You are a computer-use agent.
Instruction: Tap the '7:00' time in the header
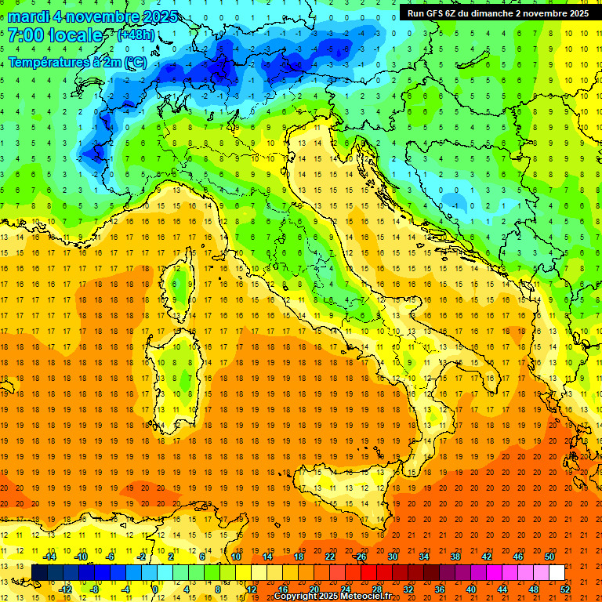[25, 35]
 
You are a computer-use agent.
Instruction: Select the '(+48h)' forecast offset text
[136, 35]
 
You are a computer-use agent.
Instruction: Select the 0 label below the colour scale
[155, 589]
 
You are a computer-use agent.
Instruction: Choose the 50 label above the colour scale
[549, 557]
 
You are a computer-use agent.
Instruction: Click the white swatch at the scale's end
[557, 572]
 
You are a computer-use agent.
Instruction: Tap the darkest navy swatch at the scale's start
[39, 572]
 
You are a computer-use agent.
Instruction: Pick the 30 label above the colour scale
[393, 557]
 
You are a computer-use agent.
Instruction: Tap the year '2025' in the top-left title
[158, 16]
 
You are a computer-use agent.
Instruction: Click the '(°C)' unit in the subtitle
[134, 62]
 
